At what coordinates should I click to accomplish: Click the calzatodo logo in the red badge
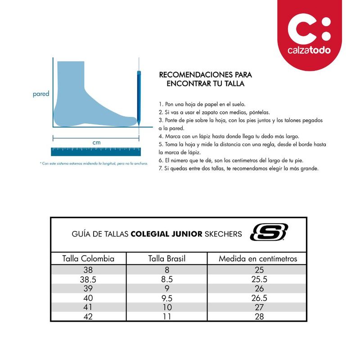309,36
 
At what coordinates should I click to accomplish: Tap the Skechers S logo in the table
269,233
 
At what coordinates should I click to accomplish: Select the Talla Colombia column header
88,259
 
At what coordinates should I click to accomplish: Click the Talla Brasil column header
166,259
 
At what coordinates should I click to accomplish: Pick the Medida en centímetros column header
258,259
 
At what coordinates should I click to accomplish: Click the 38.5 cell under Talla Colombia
88,279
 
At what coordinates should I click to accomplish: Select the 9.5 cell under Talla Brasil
166,297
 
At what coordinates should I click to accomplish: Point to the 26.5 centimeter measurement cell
258,297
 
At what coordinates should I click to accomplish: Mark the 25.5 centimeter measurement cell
258,279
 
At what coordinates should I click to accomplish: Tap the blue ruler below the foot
96,151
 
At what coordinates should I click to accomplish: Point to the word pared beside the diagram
41,94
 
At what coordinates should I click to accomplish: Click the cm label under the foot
96,143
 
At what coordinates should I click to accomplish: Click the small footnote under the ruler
94,163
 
